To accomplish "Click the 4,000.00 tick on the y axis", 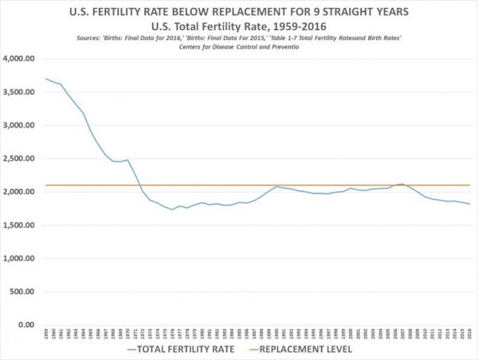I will [x=23, y=59].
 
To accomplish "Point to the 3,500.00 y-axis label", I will [x=23, y=92].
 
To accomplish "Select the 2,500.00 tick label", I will [x=23, y=158].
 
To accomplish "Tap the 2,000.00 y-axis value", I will [x=23, y=192].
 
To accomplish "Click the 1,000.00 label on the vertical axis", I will [x=23, y=259].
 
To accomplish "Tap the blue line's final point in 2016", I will [x=469, y=205].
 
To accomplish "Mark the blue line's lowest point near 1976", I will [x=171, y=209].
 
